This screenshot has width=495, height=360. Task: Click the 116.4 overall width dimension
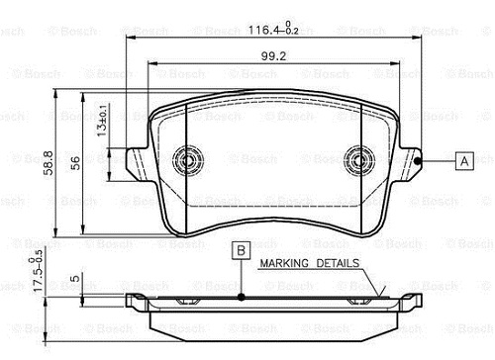point(273,29)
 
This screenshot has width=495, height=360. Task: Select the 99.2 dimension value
point(273,56)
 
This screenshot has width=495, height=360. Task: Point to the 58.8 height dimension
point(49,162)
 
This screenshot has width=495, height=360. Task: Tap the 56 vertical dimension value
point(75,163)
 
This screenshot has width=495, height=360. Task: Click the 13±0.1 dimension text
point(102,121)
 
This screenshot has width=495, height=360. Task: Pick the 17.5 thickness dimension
point(38,270)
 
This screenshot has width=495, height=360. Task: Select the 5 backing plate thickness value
point(75,278)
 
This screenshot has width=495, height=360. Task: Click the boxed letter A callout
point(464,161)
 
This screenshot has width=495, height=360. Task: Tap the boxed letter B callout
point(242,250)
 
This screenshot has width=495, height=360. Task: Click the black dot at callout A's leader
point(418,161)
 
